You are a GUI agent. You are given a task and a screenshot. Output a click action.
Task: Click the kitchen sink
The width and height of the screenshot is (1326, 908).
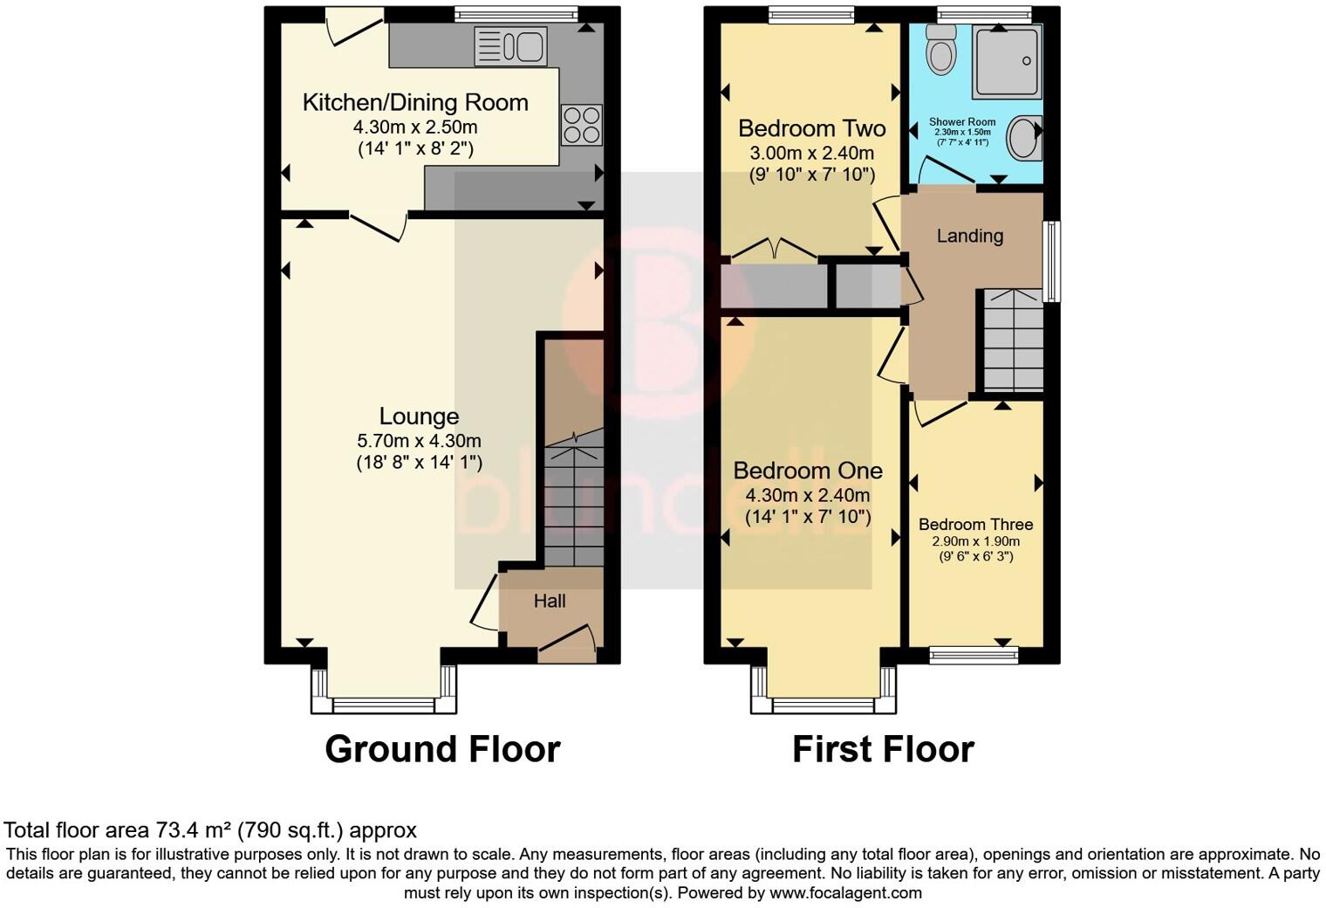[x=509, y=46]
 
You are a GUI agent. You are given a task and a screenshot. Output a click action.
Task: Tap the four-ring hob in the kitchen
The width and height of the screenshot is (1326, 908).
[x=582, y=125]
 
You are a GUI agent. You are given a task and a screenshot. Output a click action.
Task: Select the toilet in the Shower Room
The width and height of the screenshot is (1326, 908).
[x=940, y=50]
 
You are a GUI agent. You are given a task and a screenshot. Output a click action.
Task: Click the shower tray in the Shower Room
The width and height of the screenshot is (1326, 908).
[x=1007, y=61]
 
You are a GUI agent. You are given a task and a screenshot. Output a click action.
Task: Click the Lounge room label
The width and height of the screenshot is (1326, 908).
[x=419, y=416]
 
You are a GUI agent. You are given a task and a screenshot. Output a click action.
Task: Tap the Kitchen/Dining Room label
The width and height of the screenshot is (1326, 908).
[x=415, y=102]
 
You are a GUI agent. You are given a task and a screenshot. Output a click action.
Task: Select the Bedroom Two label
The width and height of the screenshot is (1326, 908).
[x=811, y=128]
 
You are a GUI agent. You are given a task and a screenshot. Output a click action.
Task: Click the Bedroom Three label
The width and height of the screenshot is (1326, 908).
[x=975, y=525]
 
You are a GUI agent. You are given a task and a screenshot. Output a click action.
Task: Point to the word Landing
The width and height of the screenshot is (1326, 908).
[x=969, y=236]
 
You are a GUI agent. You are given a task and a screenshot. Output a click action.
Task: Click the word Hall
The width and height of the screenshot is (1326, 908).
[x=550, y=601]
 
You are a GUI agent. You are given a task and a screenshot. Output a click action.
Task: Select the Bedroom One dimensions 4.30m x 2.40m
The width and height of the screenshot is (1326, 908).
[x=808, y=495]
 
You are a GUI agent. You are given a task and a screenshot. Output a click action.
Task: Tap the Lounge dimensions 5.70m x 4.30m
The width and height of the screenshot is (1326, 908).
[x=419, y=441]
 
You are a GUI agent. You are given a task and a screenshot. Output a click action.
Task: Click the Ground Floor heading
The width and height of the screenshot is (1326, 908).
[x=442, y=749]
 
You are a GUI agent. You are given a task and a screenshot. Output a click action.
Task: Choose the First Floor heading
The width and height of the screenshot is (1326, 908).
[x=883, y=749]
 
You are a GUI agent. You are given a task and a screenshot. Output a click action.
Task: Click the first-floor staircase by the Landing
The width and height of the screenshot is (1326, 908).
[x=1013, y=340]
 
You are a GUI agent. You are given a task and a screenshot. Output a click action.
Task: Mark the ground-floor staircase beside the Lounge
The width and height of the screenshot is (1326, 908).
[x=573, y=498]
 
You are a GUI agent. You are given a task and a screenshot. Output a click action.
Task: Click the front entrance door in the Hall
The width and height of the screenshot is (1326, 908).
[x=568, y=640]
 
